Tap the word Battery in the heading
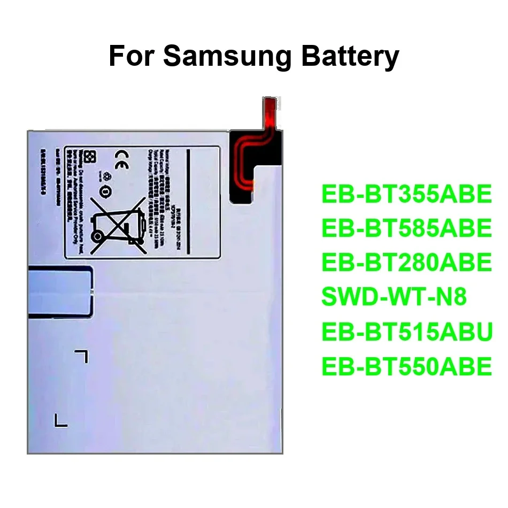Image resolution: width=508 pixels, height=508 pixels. (x=350, y=56)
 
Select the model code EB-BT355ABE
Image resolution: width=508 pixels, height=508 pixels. (x=406, y=195)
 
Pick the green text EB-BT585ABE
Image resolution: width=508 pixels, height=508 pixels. (x=406, y=228)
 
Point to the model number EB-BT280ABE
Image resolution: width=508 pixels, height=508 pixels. (x=406, y=263)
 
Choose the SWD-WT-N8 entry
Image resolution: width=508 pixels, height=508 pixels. (x=394, y=297)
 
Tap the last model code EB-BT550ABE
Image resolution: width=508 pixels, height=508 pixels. (x=406, y=366)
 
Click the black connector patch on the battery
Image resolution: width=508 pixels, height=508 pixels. (x=254, y=166)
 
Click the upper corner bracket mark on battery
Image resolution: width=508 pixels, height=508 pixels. (x=82, y=356)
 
